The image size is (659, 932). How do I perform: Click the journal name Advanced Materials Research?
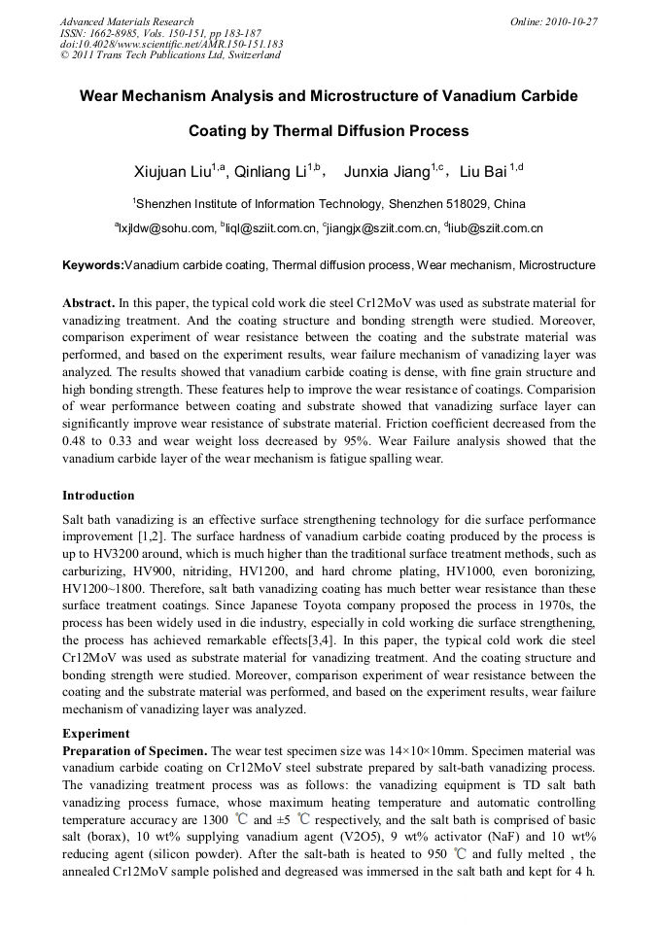tap(126, 20)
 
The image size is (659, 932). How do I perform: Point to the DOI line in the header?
tap(171, 44)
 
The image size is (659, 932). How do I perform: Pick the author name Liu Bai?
tap(483, 173)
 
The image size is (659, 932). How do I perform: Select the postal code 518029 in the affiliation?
tap(468, 204)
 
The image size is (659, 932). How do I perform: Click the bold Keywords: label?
tap(93, 265)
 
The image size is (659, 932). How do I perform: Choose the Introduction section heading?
tap(98, 496)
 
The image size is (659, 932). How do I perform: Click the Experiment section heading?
tap(95, 733)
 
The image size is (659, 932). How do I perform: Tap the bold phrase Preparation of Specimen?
tap(134, 751)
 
